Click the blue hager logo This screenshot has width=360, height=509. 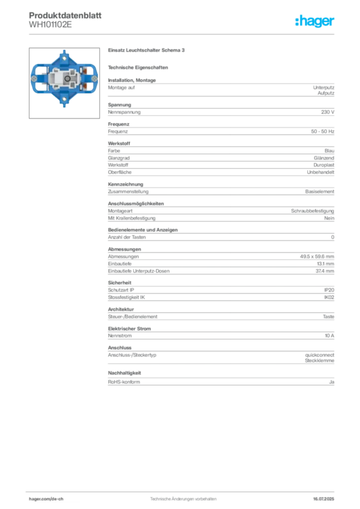point(315,21)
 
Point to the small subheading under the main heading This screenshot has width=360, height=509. point(140,67)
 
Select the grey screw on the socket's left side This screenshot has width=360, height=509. point(33,79)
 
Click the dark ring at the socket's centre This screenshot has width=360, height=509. point(66,79)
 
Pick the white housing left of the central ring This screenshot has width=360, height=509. point(55,79)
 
